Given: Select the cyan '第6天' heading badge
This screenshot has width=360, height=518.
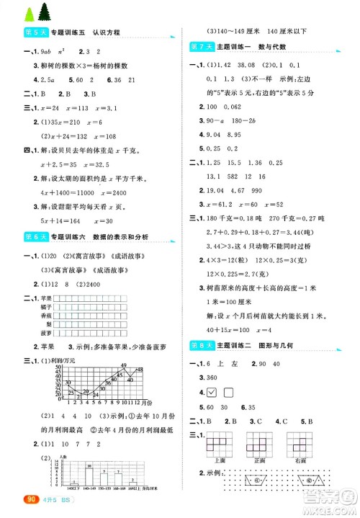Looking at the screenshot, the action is pos(22,236).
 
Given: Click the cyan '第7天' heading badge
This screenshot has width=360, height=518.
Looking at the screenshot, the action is pos(199,47).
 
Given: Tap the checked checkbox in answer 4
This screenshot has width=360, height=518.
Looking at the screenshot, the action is pos(212,393).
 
